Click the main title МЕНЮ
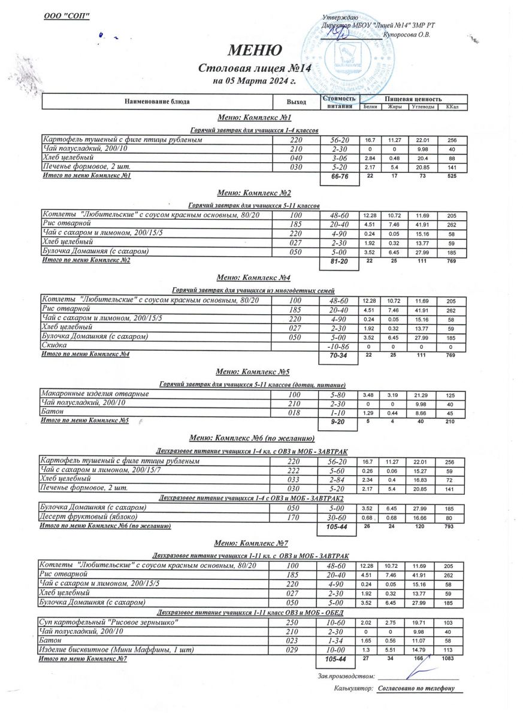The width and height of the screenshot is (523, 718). point(255,50)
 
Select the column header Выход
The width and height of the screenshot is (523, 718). point(297,102)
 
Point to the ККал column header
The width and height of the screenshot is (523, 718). point(452,107)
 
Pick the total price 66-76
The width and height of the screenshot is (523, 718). point(339,177)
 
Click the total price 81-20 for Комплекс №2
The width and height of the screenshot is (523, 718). point(339,262)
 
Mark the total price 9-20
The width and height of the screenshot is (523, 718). point(339,422)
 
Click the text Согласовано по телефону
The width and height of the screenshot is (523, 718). point(416,689)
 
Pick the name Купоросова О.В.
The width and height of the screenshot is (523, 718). point(407,35)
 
